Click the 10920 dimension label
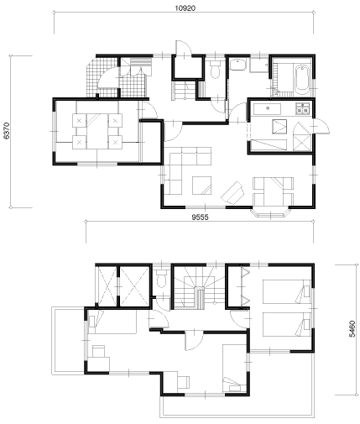point(185,8)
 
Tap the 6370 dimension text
point(6,130)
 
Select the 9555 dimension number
point(200,217)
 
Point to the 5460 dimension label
point(352,329)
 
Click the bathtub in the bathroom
point(302,80)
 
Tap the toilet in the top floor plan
point(215,70)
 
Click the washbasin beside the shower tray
point(238,65)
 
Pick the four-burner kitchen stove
point(303,108)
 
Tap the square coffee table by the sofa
point(201,186)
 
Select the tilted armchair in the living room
point(233,193)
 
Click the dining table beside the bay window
point(273,191)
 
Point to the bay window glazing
point(270,213)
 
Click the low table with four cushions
point(97,131)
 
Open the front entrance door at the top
point(184,50)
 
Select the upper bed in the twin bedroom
point(287,291)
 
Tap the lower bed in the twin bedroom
point(287,324)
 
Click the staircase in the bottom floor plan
point(199,288)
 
